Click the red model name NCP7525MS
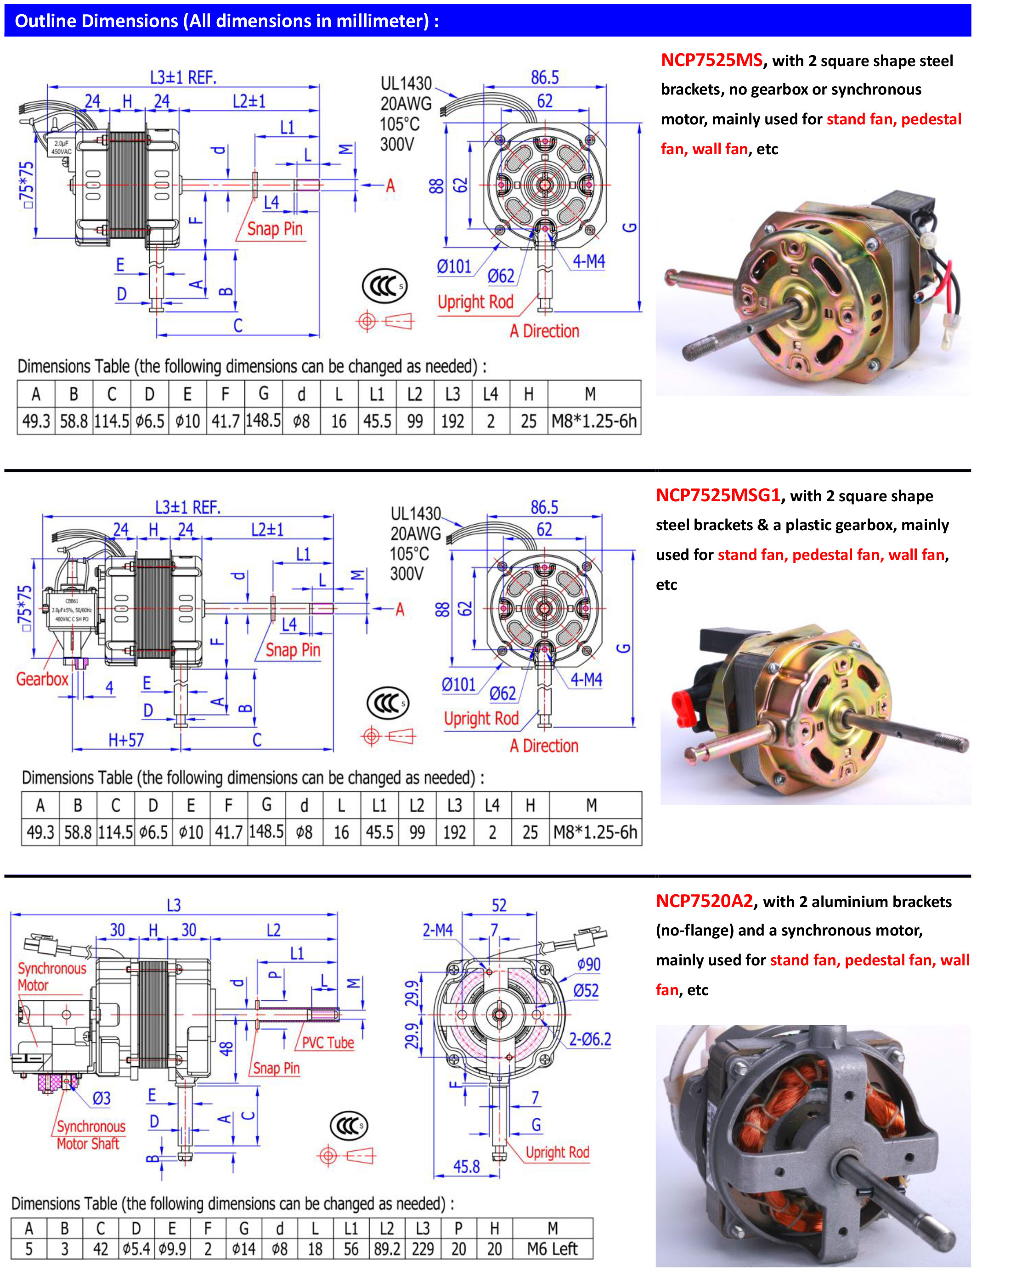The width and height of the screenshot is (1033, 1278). pos(711,60)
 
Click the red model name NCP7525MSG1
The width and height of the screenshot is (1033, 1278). pos(717,495)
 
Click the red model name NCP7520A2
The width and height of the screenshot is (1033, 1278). pos(704,901)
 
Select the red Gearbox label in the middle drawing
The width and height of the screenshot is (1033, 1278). pos(42,679)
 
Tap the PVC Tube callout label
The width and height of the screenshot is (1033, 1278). pos(327,1043)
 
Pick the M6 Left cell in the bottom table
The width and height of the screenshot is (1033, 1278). pos(552,1249)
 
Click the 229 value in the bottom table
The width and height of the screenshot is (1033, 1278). pos(423,1249)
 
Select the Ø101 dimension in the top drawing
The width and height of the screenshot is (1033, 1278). pos(454,266)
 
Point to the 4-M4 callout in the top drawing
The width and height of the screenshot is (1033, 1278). pos(588,261)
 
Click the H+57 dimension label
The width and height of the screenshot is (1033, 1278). pos(125,740)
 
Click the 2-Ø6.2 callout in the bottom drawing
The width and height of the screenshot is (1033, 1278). pos(589,1040)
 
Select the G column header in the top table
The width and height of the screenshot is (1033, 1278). pos(263,394)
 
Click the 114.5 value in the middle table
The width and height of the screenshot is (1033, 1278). pos(115,832)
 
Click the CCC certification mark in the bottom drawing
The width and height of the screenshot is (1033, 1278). pos(349,1126)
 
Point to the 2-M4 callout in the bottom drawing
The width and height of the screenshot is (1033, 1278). pos(437,930)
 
